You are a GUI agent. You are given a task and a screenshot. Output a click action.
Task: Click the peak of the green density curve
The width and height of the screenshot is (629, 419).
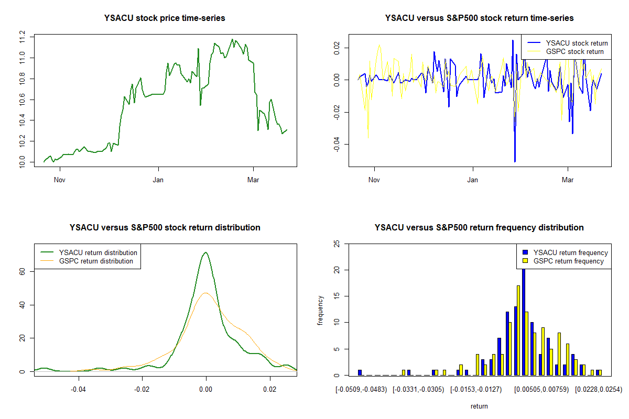[x=206, y=253]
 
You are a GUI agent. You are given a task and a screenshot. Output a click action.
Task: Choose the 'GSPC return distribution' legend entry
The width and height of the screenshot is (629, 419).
[x=96, y=261]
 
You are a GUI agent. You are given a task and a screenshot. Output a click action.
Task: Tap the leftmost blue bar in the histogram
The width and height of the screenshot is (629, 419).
[x=360, y=372]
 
